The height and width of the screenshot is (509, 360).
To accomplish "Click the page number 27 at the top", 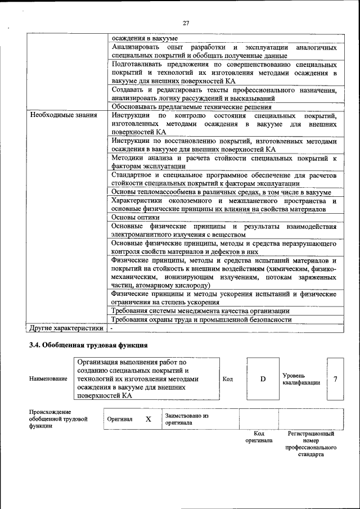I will click(186, 22).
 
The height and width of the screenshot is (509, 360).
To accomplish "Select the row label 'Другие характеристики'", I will click(66, 327).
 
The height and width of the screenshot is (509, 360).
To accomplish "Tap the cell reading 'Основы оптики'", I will click(136, 217).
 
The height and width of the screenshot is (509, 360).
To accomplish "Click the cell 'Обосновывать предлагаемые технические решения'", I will click(191, 107).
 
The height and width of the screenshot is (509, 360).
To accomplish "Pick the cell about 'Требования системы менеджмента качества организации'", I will click(200, 310).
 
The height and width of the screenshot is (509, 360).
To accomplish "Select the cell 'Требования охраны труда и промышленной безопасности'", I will click(201, 319).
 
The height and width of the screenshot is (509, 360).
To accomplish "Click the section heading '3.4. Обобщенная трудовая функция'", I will click(88, 345).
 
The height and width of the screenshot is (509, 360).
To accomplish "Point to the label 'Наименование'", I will click(48, 379).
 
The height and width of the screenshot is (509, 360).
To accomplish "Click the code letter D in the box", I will click(262, 379).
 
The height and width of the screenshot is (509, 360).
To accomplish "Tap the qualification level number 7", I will click(335, 379).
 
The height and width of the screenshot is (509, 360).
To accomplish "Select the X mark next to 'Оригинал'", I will click(148, 420).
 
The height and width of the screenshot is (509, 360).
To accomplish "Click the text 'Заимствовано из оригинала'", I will click(186, 420).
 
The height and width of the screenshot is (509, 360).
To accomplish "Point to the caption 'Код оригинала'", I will click(259, 438).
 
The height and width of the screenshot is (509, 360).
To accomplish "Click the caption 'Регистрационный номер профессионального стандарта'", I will click(311, 444).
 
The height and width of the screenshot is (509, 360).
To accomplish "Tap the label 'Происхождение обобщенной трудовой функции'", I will click(58, 420).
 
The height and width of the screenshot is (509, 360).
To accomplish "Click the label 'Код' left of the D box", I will click(228, 379).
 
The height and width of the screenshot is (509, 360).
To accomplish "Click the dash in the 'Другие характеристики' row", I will click(111, 327).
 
